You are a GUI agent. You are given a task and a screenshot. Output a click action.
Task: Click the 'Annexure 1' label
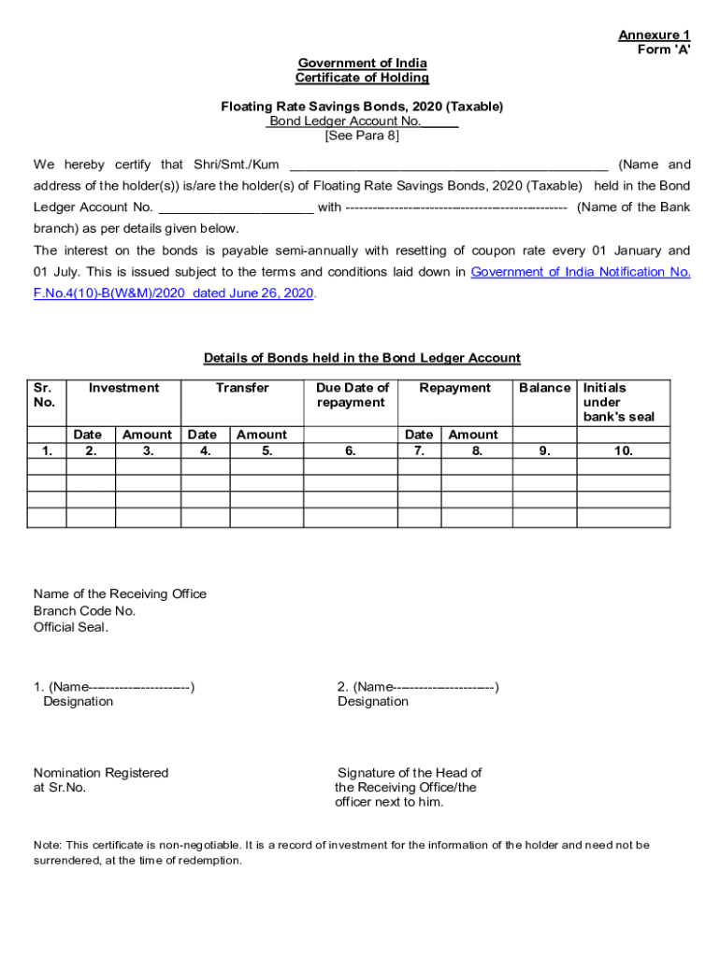[x=654, y=36]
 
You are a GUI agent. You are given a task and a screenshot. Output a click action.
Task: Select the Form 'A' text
[x=663, y=50]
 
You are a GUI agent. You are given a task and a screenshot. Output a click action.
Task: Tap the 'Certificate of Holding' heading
[x=362, y=79]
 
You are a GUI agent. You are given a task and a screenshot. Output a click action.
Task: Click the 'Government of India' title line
[x=362, y=64]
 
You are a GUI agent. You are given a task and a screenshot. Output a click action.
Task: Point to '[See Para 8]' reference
[x=362, y=136]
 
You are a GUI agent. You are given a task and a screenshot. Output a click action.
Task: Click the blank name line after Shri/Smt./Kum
[x=449, y=165]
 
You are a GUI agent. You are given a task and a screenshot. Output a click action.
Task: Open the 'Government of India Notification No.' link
[x=580, y=272]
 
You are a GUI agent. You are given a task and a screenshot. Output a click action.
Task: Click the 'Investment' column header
[x=123, y=388]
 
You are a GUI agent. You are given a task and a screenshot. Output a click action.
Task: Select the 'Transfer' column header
[x=242, y=388]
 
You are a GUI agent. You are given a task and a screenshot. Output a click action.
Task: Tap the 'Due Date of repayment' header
[x=351, y=395]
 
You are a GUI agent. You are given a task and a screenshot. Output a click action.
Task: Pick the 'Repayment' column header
[x=454, y=388]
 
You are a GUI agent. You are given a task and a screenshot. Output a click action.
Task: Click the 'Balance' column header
[x=544, y=388]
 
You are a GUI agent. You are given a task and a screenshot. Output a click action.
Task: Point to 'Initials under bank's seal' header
[x=618, y=402]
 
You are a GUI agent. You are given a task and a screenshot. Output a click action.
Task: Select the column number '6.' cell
[x=351, y=450]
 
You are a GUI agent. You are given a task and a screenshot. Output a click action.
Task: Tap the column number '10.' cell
[x=623, y=450]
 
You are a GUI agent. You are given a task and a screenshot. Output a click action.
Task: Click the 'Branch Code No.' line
[x=84, y=611]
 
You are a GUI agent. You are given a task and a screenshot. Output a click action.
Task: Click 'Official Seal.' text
[x=71, y=627]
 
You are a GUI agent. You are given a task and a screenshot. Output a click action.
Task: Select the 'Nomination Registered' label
[x=101, y=773]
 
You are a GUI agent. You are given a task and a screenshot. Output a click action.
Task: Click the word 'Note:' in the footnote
[x=49, y=845]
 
